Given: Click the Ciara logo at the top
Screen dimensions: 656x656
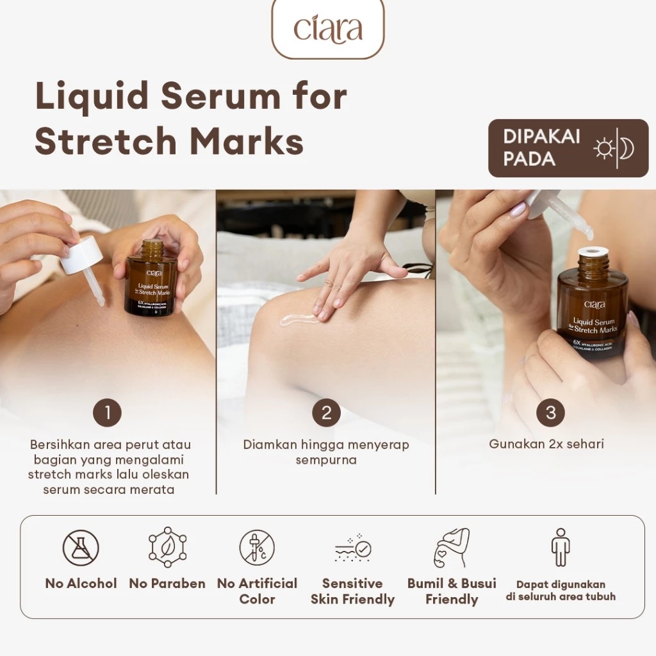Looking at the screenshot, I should [328, 29].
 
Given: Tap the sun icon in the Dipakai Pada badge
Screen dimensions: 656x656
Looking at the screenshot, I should [603, 149].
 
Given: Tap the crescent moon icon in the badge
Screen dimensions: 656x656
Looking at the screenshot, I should [627, 149].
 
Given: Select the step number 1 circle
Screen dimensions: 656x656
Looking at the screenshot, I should [107, 413].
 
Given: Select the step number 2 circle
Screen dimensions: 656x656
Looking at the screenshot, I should [326, 413].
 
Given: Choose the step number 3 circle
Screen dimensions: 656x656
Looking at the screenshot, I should [550, 413].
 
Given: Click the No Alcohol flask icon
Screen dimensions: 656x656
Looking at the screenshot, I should [81, 548].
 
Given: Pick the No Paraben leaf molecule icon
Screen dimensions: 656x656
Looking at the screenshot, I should [167, 547].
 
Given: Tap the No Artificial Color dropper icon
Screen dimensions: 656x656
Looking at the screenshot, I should [257, 548].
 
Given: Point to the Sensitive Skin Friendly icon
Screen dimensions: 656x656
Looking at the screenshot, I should [352, 548].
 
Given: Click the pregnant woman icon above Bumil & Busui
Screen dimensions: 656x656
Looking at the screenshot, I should [452, 548].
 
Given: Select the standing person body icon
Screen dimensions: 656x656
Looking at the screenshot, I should [561, 547].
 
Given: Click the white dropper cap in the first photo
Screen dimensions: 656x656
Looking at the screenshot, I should [83, 254].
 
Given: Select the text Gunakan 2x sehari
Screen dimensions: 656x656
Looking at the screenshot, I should [546, 444].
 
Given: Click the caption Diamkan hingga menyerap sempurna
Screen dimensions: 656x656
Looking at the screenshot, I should [326, 452].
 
